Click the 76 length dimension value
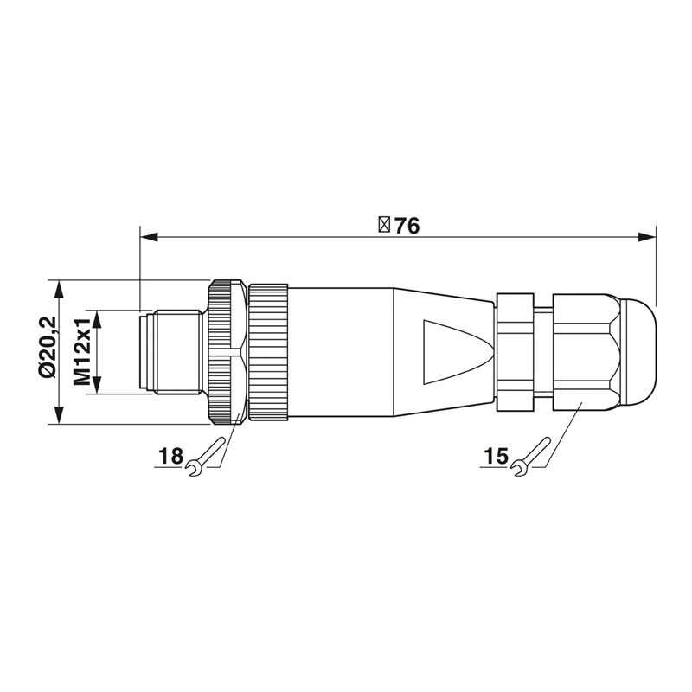coord(407,226)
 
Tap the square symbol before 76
coord(384,225)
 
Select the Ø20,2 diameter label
coord(48,347)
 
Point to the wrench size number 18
coord(170,456)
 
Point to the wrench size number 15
coord(496,456)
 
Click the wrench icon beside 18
coord(204,457)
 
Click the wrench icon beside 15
coord(530,457)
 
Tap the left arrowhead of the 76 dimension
coord(149,237)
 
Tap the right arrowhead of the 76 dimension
coord(647,237)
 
